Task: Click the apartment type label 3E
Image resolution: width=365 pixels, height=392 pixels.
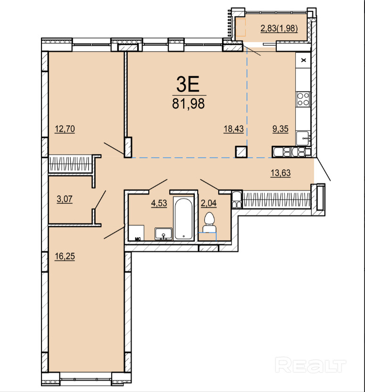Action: [188, 84]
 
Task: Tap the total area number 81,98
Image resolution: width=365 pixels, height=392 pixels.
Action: [189, 103]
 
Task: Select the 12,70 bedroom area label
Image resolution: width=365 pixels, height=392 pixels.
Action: [65, 129]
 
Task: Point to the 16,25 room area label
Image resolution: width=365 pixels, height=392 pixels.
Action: [65, 256]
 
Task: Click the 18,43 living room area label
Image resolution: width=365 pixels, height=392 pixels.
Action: [233, 129]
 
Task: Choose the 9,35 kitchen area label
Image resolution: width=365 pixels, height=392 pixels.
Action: [280, 129]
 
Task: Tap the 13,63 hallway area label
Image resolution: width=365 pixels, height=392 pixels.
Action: [281, 173]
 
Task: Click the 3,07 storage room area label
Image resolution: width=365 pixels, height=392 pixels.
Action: [65, 199]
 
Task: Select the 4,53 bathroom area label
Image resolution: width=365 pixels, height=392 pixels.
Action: [159, 203]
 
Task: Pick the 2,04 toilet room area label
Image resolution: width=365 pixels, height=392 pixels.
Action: [209, 203]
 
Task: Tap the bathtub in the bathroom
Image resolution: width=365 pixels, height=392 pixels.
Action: [184, 219]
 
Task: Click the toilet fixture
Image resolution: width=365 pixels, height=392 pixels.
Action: [209, 222]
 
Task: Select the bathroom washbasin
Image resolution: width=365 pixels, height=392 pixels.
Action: [164, 234]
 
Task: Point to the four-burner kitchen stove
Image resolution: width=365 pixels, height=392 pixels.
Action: [303, 99]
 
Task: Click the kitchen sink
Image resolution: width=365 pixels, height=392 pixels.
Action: [303, 138]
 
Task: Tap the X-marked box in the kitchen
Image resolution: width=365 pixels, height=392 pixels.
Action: [303, 60]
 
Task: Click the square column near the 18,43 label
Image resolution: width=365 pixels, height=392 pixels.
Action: [241, 152]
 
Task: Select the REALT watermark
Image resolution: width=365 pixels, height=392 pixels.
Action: [310, 365]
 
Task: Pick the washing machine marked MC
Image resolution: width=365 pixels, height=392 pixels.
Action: [136, 233]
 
